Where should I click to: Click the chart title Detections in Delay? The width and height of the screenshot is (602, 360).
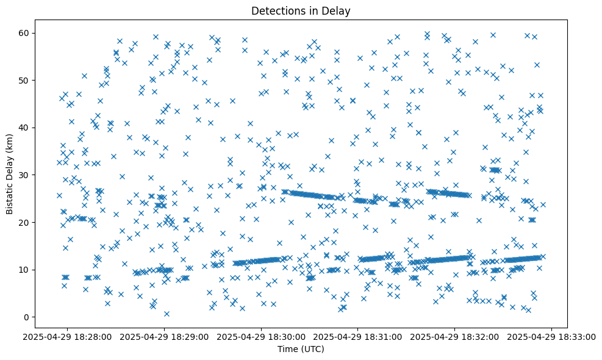(x=301, y=11)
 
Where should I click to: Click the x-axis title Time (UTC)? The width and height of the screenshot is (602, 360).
(x=301, y=350)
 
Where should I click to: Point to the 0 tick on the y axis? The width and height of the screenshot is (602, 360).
(x=27, y=317)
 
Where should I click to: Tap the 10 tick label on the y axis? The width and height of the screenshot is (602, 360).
(x=24, y=270)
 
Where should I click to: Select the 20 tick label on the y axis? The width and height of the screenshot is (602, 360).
(x=24, y=222)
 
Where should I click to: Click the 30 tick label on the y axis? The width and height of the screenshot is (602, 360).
(x=24, y=175)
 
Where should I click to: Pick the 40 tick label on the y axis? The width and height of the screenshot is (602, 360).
(x=24, y=128)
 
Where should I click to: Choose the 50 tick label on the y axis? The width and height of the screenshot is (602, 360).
(x=24, y=80)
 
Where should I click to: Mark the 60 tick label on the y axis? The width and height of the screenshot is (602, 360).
(x=24, y=33)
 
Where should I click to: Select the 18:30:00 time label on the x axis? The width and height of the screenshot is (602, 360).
(x=262, y=337)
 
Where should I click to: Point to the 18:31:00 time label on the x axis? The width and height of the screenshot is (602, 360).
(x=358, y=337)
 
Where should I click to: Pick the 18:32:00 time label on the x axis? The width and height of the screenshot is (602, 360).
(x=454, y=337)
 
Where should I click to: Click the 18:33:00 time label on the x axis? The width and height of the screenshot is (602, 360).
(x=551, y=337)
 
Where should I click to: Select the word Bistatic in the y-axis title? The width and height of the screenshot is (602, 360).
(x=10, y=197)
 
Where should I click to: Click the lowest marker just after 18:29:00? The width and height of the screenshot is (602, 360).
(x=167, y=314)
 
